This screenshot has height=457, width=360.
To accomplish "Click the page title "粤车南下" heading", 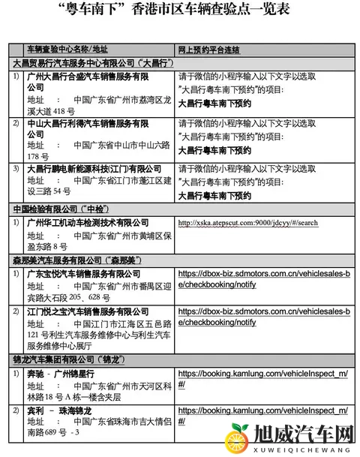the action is coord(180,11).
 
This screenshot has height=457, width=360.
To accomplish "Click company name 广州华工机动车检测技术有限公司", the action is coord(87,223).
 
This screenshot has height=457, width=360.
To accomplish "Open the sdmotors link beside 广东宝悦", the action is coord(263,280).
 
